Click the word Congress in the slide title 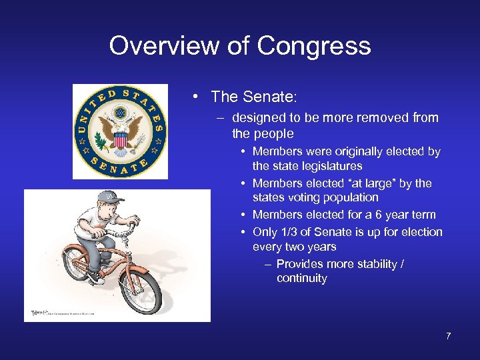coord(313,46)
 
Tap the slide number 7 coord(449,336)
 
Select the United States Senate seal coord(120,131)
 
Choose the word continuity coord(302,279)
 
